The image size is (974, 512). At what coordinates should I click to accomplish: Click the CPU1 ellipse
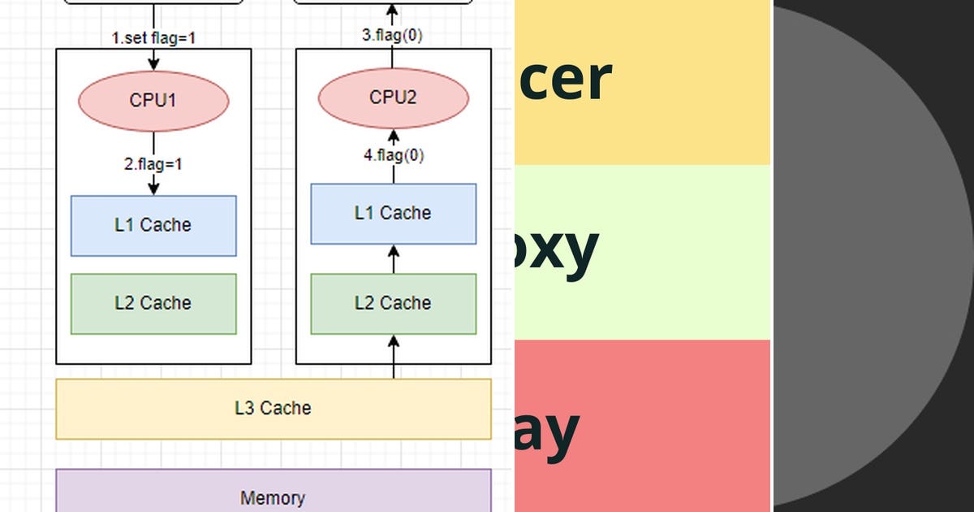153,100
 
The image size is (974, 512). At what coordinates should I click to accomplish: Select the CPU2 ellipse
394,98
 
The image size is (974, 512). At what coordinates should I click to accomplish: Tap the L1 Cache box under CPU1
153,225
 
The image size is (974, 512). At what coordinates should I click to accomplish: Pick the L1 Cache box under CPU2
394,213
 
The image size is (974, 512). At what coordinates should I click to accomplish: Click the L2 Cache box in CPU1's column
153,303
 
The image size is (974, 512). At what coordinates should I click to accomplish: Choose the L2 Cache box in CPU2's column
394,303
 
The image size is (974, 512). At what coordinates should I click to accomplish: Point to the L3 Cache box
273,408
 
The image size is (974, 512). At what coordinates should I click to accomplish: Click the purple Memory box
273,492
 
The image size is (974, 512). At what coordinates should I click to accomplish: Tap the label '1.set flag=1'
154,37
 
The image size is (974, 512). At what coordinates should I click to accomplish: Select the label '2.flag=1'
153,163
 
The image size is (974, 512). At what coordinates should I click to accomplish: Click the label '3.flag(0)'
392,36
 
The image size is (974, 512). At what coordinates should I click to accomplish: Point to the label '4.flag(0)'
394,155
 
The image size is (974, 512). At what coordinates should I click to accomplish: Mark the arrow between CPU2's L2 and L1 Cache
394,259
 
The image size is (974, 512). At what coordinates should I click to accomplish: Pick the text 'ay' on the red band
546,431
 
